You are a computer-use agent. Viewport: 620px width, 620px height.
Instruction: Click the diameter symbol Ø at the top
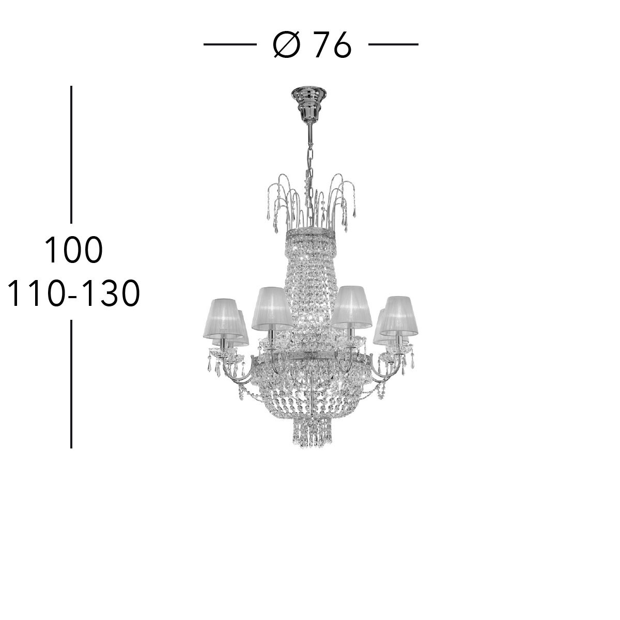[x=287, y=45]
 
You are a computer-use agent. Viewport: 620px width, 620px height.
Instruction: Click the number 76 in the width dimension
[x=332, y=45]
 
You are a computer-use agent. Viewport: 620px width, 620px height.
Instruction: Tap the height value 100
[x=74, y=250]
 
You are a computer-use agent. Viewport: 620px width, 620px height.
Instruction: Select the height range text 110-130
[x=74, y=293]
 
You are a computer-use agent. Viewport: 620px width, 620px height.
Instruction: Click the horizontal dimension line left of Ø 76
[x=230, y=44]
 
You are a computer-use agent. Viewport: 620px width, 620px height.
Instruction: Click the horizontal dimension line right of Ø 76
[x=393, y=44]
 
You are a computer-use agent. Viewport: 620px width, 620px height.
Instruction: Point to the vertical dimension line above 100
[x=71, y=154]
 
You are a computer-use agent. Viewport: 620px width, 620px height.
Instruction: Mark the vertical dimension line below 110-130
[x=71, y=384]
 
